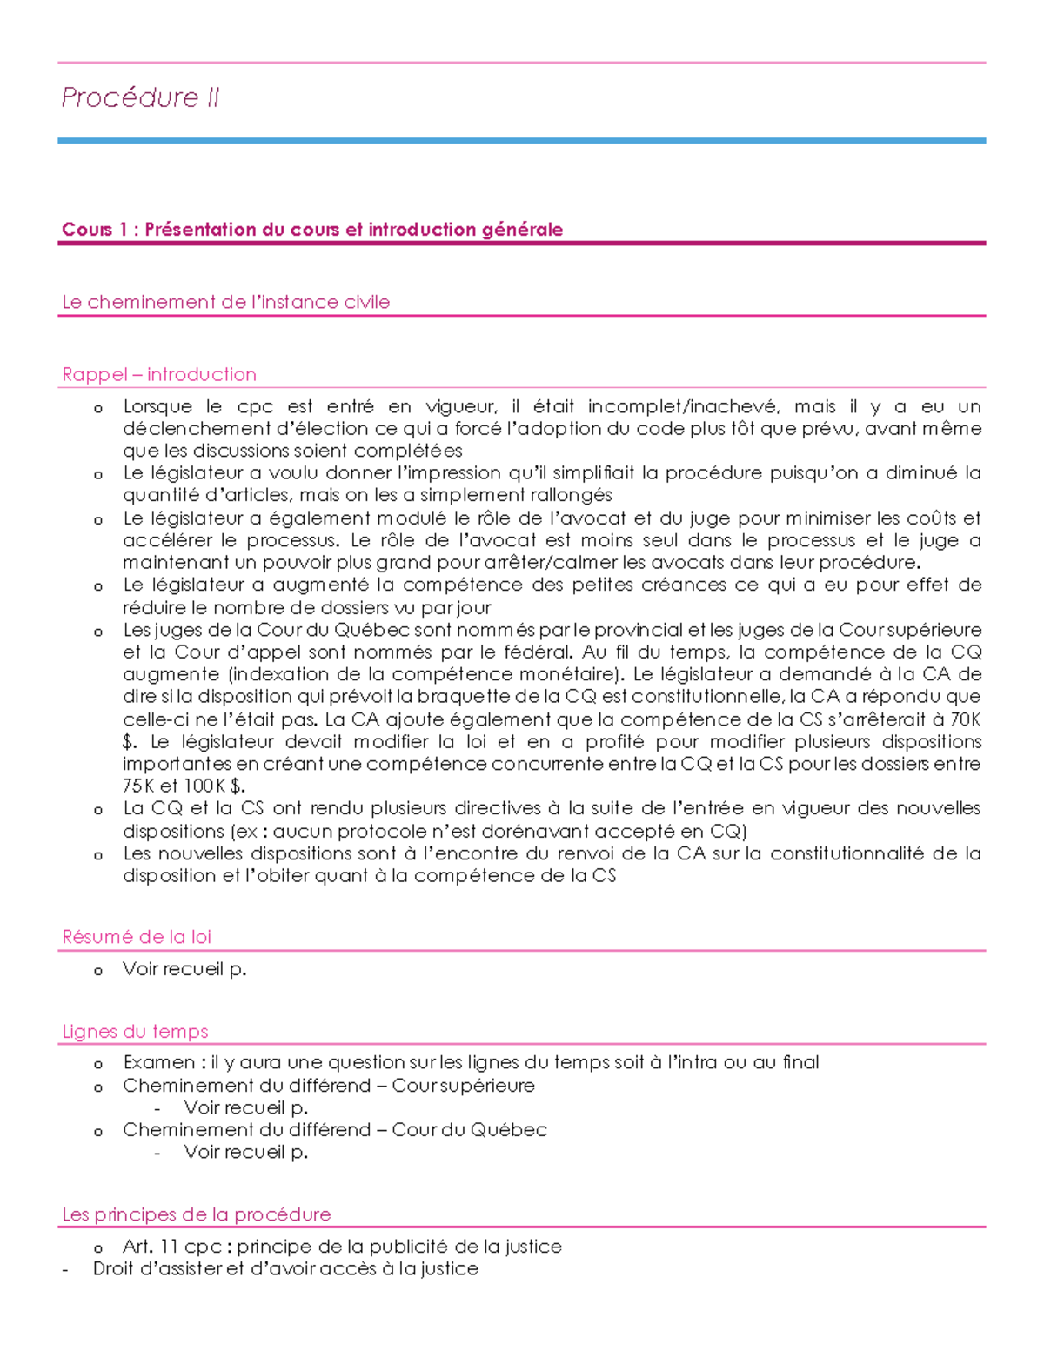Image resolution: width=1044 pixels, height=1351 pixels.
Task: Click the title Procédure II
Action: pos(140,97)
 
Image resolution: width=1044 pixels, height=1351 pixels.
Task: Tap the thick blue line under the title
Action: pos(522,140)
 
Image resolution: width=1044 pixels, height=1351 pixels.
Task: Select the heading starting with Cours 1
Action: pos(312,230)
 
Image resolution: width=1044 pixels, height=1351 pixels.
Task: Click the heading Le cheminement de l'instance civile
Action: pos(226,302)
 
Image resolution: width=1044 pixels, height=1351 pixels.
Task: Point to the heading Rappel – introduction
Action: pos(159,374)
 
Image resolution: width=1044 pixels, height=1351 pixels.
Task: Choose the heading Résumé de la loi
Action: pos(137,937)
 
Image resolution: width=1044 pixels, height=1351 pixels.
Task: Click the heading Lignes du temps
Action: pos(135,1031)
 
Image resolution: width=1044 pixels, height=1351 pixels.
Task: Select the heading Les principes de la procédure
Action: pos(197,1214)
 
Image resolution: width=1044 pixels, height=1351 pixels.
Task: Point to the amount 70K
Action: pos(965,719)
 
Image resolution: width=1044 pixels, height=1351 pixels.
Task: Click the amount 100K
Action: pos(204,786)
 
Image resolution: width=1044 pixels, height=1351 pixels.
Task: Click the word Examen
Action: pos(159,1062)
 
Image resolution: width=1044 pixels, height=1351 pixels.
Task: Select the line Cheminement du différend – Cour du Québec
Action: pos(335,1130)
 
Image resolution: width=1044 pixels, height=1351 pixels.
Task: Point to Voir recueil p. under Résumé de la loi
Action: pos(184,969)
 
